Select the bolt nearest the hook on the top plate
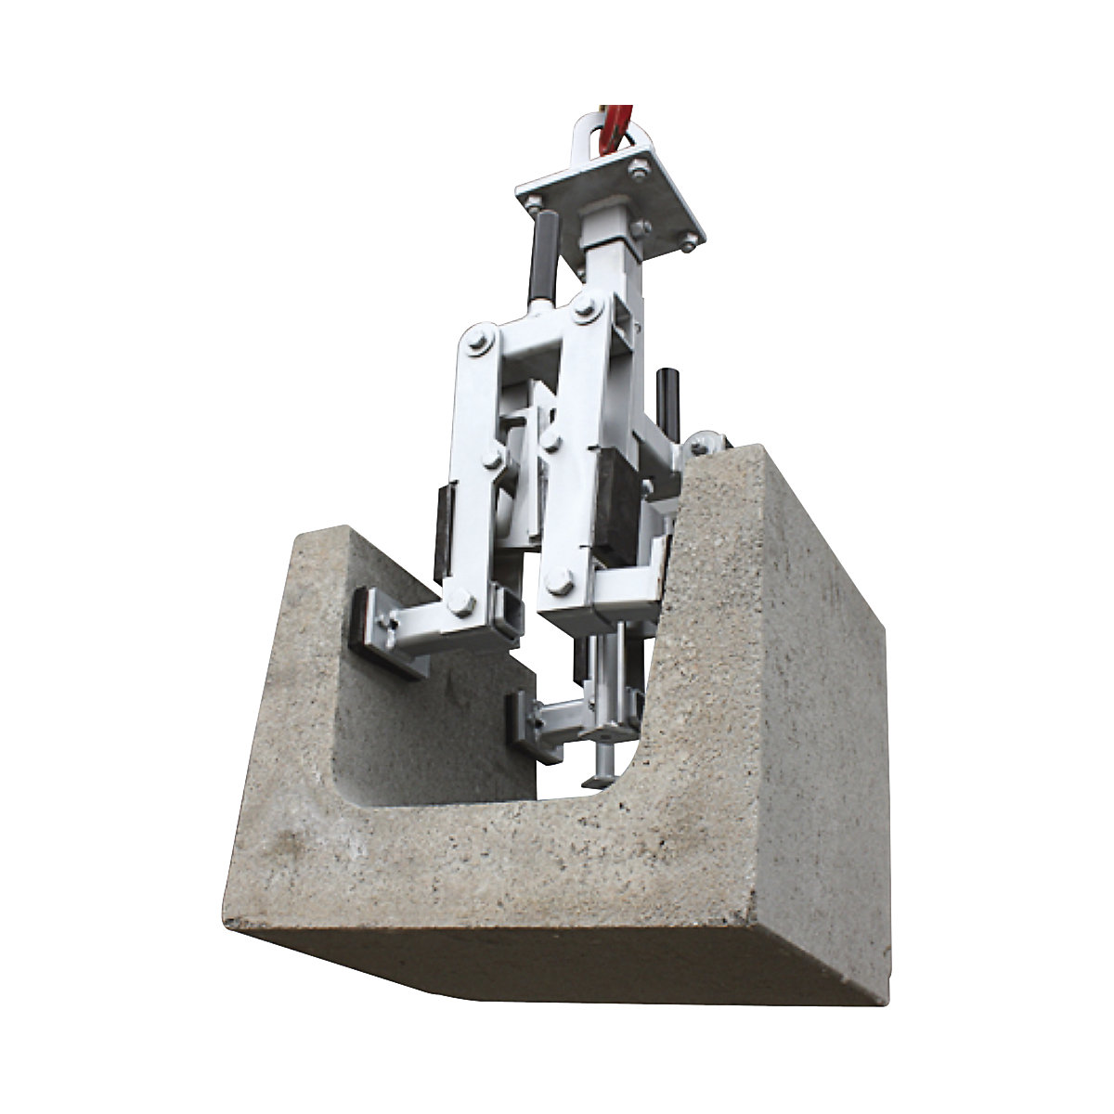638,170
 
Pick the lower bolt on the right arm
558,585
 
